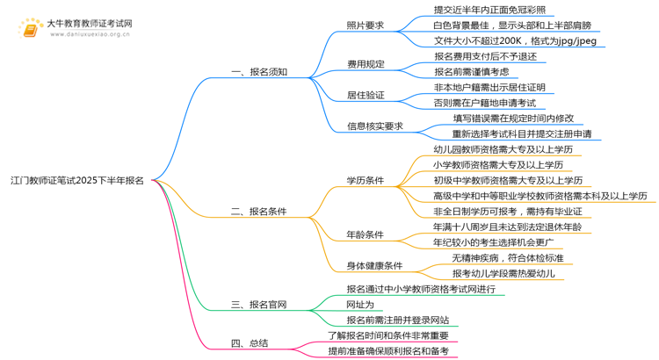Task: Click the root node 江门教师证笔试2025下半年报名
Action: pyautogui.click(x=77, y=181)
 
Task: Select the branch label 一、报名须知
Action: pyautogui.click(x=258, y=72)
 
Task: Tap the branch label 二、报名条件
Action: pyautogui.click(x=258, y=212)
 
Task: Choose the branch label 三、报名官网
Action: pyautogui.click(x=258, y=306)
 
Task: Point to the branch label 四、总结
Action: pyautogui.click(x=250, y=343)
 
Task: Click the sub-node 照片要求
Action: pyautogui.click(x=365, y=25)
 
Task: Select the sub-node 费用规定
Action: pyautogui.click(x=365, y=64)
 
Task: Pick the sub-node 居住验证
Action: pyautogui.click(x=365, y=95)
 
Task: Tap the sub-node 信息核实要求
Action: pyautogui.click(x=374, y=126)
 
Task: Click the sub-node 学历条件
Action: pyautogui.click(x=365, y=181)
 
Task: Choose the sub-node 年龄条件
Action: pyautogui.click(x=365, y=234)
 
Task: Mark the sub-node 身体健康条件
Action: pyautogui.click(x=374, y=265)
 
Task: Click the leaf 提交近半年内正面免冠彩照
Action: pyautogui.click(x=489, y=10)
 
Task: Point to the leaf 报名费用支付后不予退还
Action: pyautogui.click(x=485, y=56)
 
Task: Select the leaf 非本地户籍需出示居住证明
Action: pyautogui.click(x=489, y=87)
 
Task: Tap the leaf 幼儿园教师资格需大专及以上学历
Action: pyautogui.click(x=503, y=149)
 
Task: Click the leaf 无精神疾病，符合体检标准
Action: pyautogui.click(x=508, y=258)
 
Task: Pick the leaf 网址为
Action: pyautogui.click(x=360, y=305)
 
